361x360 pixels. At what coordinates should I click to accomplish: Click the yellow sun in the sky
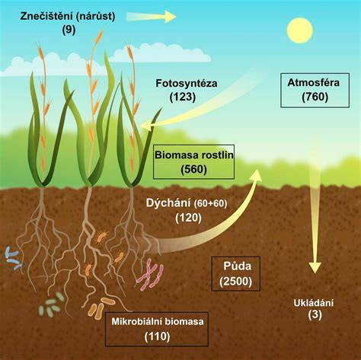pos(300,30)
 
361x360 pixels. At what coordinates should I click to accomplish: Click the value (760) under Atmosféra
pos(315,97)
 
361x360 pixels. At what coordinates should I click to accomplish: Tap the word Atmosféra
pos(313,83)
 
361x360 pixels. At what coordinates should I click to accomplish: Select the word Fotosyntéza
pos(187,84)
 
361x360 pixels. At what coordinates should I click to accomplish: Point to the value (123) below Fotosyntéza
pos(183,97)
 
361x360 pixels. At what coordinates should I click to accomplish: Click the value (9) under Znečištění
pos(69,30)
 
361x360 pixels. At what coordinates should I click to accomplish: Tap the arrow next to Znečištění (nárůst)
pos(152,17)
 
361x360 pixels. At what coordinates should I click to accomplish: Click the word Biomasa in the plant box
pos(173,155)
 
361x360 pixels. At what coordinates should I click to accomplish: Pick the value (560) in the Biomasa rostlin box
pos(193,170)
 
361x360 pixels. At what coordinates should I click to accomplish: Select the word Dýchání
pos(168,203)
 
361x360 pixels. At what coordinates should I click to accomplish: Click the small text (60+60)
pos(210,203)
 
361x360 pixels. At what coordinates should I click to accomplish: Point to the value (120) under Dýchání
pos(188,218)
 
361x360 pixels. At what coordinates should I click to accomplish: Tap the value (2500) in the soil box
pos(236,282)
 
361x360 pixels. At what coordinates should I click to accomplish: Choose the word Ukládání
pos(313,303)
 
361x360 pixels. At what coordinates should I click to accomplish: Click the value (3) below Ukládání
pos(315,314)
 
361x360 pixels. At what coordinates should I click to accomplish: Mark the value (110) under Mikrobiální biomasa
pos(157,336)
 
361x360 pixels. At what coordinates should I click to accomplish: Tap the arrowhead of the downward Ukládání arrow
pos(315,267)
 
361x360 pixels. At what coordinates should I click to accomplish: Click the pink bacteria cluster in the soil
pos(150,275)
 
